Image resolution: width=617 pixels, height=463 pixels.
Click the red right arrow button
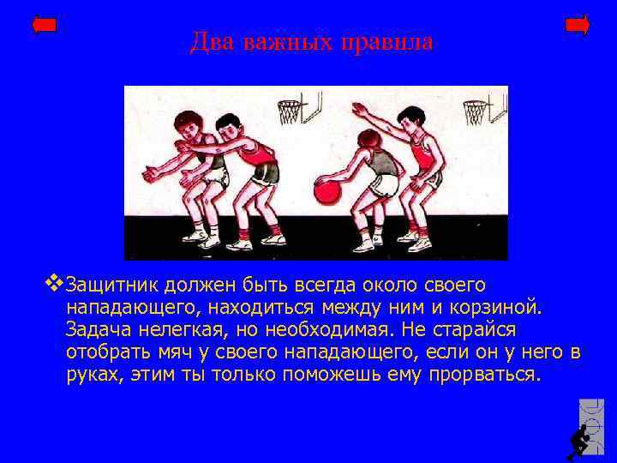(578, 26)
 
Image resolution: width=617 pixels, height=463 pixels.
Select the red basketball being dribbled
(328, 189)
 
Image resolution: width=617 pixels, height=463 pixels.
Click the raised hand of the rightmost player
(359, 110)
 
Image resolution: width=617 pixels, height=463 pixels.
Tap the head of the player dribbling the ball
(370, 138)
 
